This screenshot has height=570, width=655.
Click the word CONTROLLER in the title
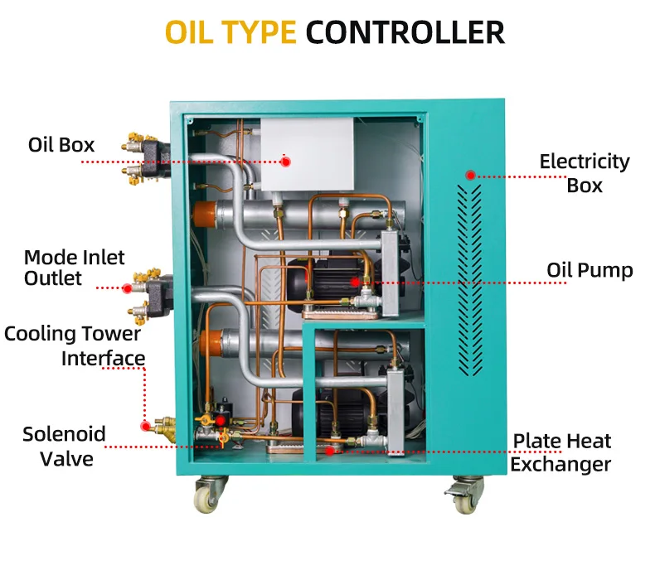405,32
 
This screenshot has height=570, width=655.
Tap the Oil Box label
61,145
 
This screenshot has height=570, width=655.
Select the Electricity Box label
585,173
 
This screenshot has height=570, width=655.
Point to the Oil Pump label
589,270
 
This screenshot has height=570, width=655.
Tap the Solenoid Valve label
64,446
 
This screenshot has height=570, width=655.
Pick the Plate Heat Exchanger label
560,452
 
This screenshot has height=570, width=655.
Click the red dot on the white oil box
285,162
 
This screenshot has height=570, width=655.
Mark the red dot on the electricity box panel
470,175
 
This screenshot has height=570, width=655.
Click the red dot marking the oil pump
355,283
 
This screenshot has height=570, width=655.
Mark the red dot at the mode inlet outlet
127,288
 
